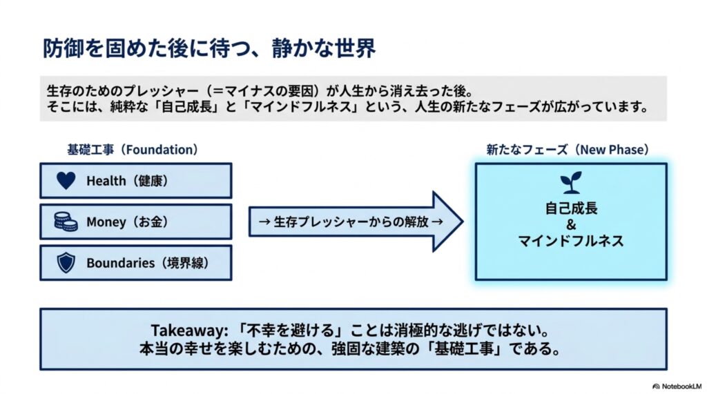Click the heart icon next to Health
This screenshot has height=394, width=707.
click(66, 180)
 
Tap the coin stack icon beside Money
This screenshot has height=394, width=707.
click(66, 221)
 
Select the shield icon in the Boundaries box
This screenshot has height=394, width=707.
click(66, 263)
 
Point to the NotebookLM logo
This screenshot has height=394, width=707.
click(677, 386)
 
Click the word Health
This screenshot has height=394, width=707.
click(106, 181)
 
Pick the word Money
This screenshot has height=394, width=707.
click(106, 221)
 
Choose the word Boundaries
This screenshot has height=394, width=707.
click(120, 263)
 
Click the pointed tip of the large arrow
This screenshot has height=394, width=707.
click(463, 221)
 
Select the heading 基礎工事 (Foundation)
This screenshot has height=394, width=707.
click(132, 149)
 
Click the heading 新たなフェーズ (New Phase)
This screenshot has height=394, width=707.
click(568, 149)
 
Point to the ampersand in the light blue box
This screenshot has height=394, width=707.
click(571, 224)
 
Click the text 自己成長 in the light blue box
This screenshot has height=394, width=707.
click(571, 208)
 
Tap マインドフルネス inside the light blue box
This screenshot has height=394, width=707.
click(571, 241)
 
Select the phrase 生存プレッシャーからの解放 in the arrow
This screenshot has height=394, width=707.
click(351, 221)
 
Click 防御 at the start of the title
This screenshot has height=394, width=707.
click(58, 48)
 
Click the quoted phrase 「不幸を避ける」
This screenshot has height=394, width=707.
click(291, 331)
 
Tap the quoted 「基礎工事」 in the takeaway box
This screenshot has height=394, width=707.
click(466, 349)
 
